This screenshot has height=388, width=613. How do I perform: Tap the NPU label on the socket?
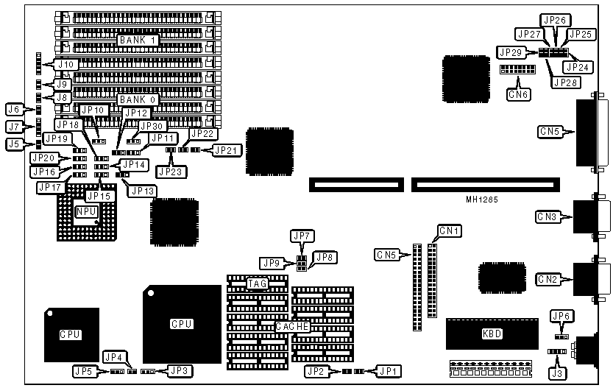(x=85, y=211)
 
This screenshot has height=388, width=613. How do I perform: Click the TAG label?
(x=257, y=283)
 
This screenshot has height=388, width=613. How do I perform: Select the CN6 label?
(x=518, y=94)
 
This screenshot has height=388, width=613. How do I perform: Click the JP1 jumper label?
(x=388, y=370)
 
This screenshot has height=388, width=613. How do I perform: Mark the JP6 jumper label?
(x=561, y=316)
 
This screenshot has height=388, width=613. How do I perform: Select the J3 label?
(x=559, y=374)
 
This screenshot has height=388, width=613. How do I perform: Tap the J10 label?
(x=65, y=65)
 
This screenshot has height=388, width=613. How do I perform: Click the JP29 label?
(x=511, y=52)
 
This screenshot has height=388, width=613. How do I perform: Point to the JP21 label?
(x=225, y=150)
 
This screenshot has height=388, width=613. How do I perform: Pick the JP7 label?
(x=302, y=236)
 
